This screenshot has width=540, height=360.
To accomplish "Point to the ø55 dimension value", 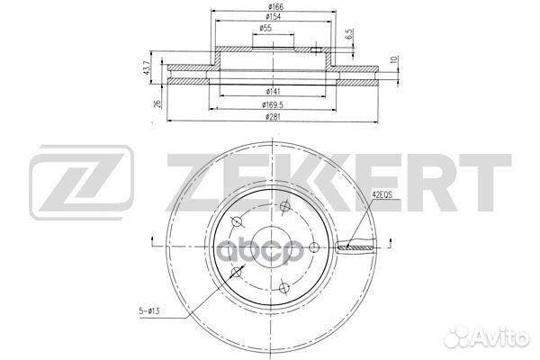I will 267,29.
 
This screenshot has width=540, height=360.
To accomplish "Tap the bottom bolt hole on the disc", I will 284,288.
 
